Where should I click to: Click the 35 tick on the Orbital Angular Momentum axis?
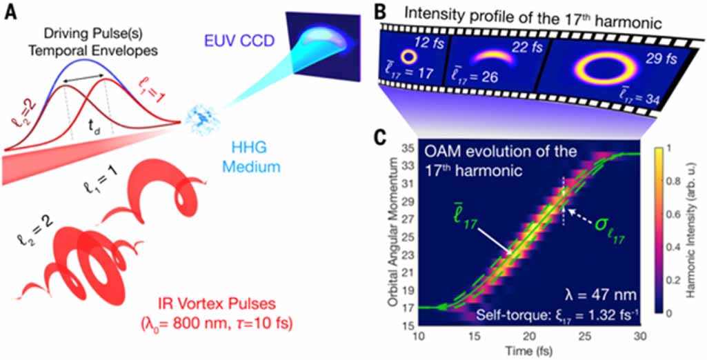click(x=409, y=148)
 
